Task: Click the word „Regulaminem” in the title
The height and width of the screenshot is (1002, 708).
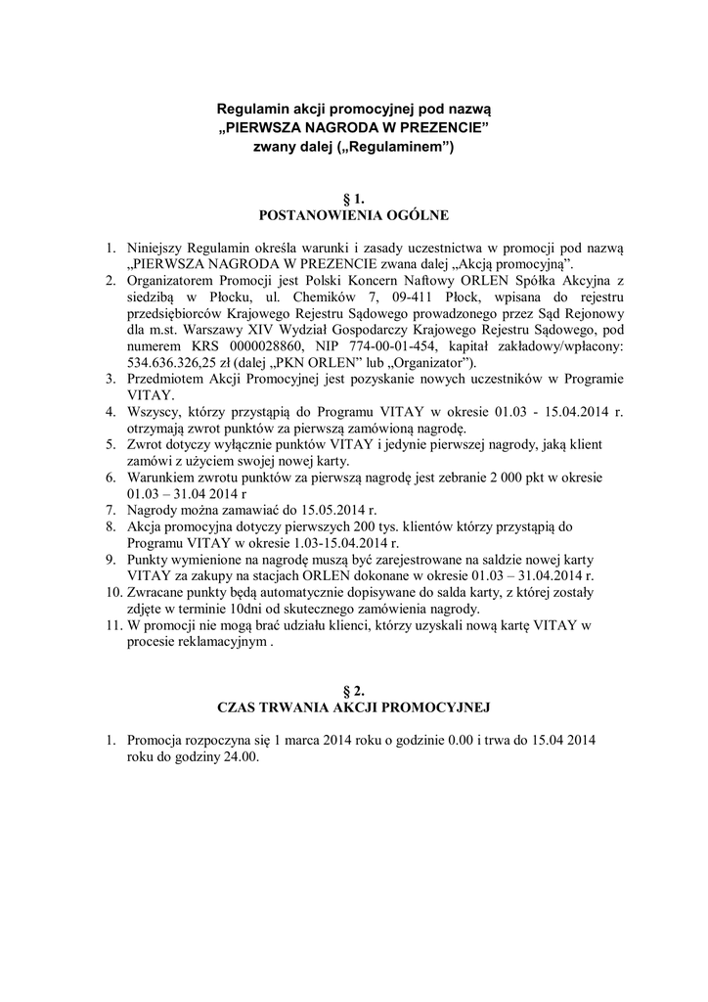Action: point(400,146)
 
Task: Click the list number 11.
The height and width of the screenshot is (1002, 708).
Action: point(113,624)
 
